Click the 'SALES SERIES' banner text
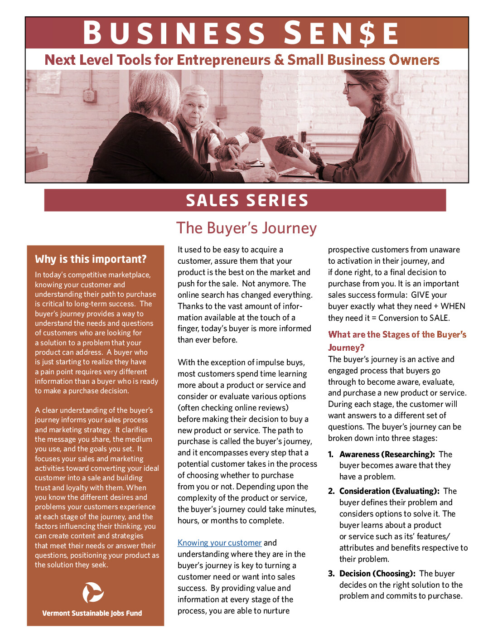click(247, 200)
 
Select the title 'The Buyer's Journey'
click(246, 228)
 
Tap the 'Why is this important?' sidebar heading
click(91, 259)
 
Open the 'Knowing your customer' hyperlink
click(219, 543)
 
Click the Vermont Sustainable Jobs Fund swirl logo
click(93, 593)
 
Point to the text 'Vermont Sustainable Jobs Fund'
click(92, 613)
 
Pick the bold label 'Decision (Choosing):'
click(377, 574)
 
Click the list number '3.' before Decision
click(331, 574)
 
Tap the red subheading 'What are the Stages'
click(397, 335)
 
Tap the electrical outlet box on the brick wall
click(89, 96)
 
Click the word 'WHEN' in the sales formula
click(453, 306)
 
